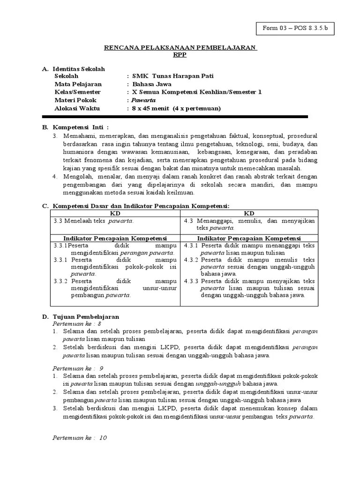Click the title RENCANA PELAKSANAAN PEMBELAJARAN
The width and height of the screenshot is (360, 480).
tap(180, 48)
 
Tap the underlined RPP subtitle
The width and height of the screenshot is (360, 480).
tap(180, 54)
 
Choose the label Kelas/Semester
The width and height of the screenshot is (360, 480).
tap(77, 92)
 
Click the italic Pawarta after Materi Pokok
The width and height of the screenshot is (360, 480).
tap(143, 100)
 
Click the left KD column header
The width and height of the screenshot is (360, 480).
tap(115, 213)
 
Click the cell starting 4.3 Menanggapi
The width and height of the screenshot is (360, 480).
tap(249, 224)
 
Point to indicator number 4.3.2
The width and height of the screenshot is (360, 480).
tap(191, 259)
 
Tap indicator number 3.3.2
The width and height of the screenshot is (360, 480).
tap(60, 281)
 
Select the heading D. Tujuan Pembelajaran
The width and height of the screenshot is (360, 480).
tap(81, 317)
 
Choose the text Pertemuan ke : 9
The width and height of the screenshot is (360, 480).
tap(77, 368)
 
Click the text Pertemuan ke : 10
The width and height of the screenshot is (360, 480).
tap(79, 437)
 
